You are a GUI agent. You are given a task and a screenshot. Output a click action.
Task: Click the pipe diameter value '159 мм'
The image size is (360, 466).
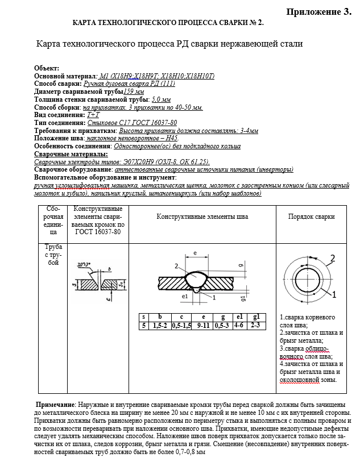point(134,91)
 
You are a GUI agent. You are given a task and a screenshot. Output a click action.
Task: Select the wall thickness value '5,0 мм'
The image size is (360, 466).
point(153,99)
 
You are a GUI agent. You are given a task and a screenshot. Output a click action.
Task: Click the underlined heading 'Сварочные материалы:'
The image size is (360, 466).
point(71,154)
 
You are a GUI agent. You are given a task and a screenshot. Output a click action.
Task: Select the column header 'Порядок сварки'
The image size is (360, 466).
point(311,217)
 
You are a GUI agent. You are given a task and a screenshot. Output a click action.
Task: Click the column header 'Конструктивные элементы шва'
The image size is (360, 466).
point(202,217)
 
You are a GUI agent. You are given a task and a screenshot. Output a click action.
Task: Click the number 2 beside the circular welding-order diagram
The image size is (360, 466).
point(333,258)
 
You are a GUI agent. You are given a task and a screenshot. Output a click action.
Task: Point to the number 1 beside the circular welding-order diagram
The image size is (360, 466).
point(334,294)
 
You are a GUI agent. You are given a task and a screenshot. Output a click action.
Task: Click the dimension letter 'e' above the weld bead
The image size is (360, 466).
point(195,253)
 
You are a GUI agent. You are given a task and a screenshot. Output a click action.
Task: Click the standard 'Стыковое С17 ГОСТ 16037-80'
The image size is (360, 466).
point(131,123)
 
